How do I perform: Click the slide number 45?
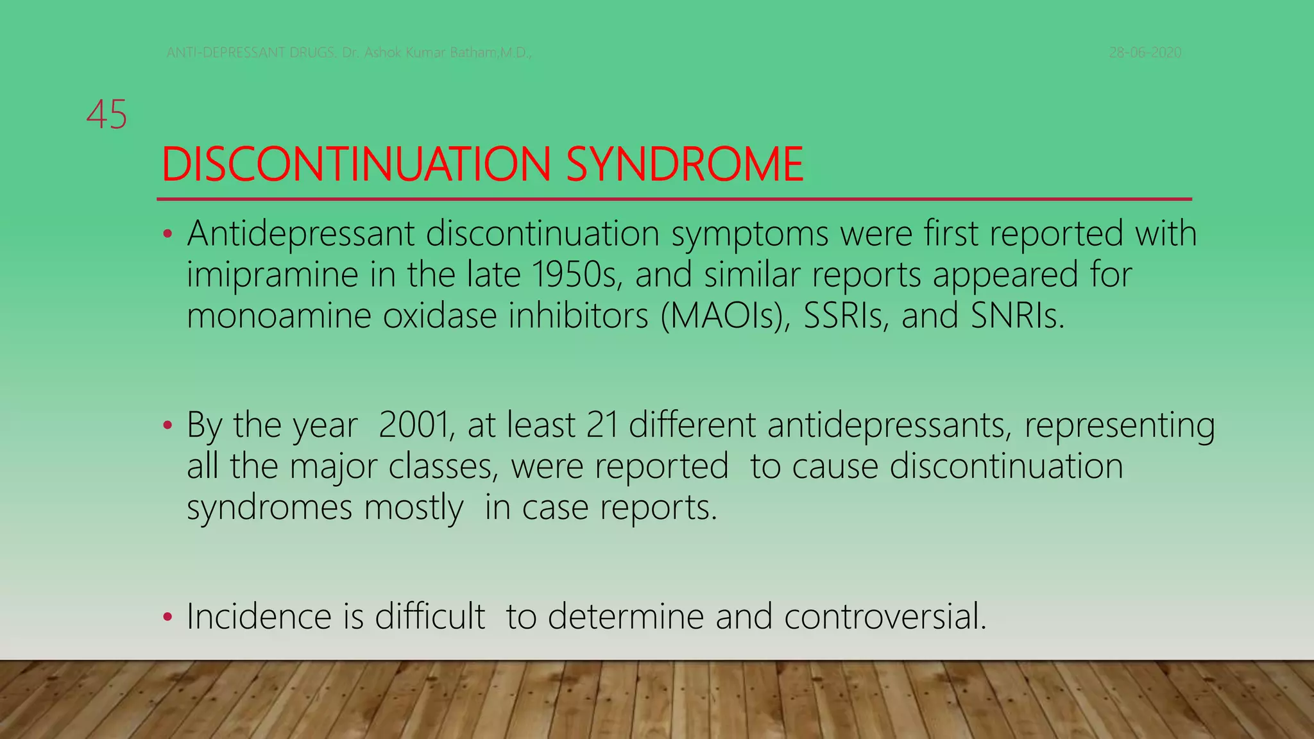tap(107, 115)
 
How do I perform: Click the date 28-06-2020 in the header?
tap(1145, 53)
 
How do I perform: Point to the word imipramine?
tap(272, 275)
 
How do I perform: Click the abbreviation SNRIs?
tap(1017, 316)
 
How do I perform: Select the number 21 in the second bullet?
tap(602, 425)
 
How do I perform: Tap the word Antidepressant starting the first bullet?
tap(301, 234)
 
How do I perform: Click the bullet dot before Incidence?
tap(167, 618)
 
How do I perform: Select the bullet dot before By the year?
tap(167, 426)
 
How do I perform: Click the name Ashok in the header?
tap(383, 53)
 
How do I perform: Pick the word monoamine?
tap(278, 316)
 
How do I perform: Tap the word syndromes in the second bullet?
tap(269, 508)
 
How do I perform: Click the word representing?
tap(1119, 426)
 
